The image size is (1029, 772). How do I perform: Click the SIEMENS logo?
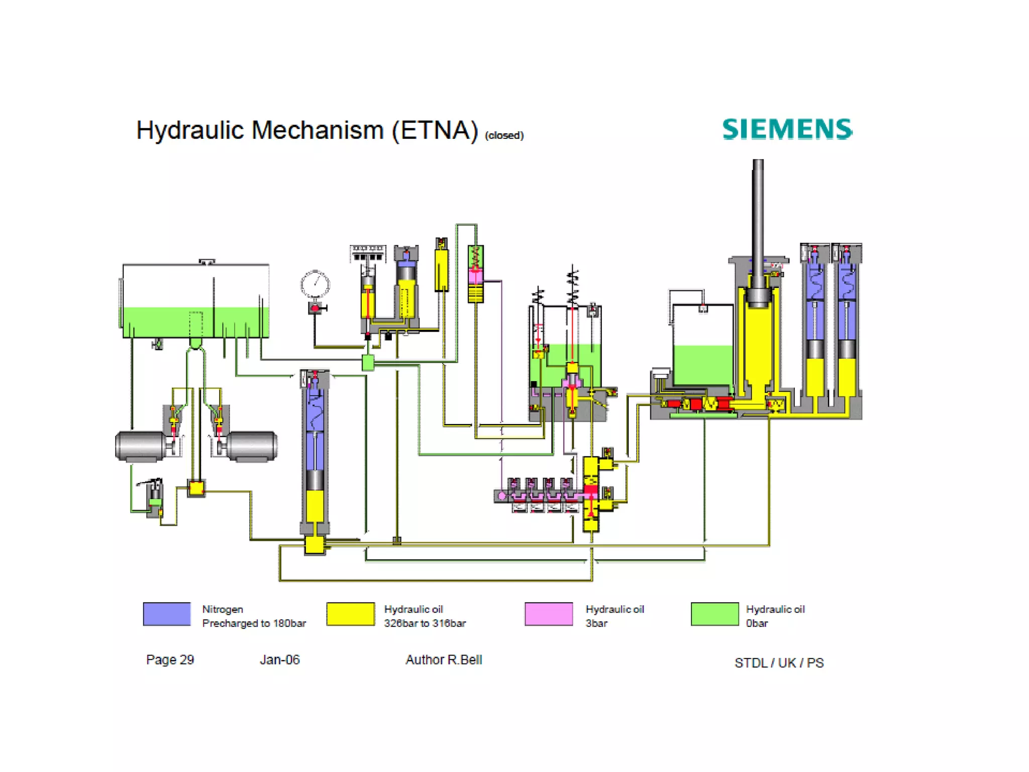787,129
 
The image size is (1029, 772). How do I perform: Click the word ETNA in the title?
435,130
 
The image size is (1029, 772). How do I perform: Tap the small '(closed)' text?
504,135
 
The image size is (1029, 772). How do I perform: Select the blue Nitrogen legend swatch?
167,614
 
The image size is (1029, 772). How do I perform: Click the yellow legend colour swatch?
350,614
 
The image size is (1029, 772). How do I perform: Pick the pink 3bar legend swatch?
549,614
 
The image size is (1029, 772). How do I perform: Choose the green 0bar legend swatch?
714,614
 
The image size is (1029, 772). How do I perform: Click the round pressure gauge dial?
315,284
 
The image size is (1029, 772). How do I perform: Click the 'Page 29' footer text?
170,659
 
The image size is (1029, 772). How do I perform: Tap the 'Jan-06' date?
279,659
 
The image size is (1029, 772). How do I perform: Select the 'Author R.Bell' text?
444,659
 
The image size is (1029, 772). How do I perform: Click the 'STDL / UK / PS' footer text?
779,663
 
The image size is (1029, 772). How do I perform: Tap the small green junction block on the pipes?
368,362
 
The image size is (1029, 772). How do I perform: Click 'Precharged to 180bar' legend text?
254,623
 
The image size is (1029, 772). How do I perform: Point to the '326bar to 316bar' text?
425,623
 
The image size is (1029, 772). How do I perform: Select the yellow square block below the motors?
196,488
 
